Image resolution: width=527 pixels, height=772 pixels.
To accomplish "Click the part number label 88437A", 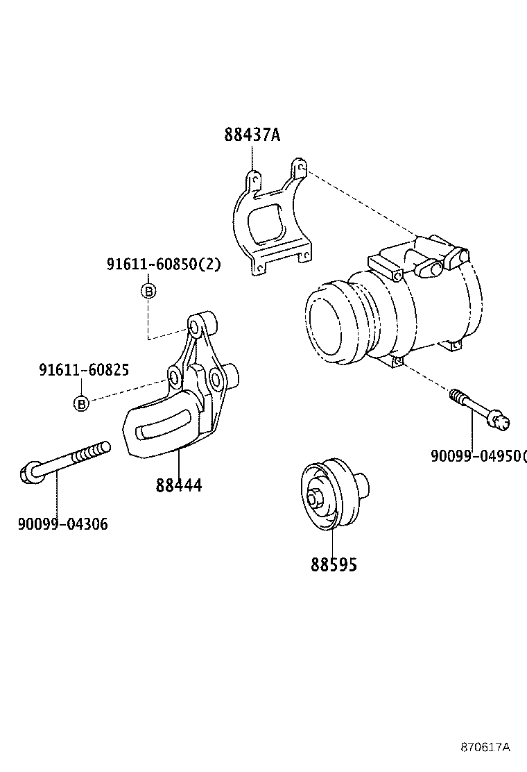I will pos(252,135).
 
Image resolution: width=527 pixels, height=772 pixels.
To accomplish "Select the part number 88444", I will pos(179,485).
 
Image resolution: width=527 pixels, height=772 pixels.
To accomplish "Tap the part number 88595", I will pos(334,565).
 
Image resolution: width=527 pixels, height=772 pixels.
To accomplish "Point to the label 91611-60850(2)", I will pos(164,265).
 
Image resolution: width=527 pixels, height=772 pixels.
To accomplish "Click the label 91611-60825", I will pos(83,371).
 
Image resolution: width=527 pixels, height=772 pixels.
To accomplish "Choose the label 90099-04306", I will pos(62,524).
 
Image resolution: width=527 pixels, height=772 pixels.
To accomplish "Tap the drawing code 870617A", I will pos(485,747).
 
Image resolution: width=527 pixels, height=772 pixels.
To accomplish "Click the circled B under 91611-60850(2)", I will pos(148,291).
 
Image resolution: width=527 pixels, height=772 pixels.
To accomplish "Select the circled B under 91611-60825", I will pos(81,403).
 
